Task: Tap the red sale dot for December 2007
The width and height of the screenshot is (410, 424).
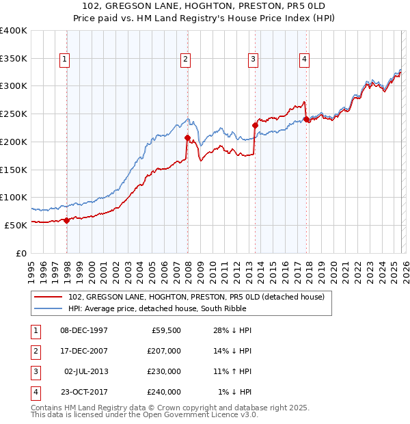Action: [x=187, y=137]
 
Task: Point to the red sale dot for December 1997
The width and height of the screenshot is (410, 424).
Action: [x=66, y=220]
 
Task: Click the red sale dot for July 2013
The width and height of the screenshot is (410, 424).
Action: [x=255, y=125]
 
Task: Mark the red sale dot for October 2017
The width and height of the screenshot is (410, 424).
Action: [x=306, y=119]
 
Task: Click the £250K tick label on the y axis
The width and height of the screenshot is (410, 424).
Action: [x=14, y=114]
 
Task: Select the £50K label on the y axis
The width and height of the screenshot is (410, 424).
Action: [x=16, y=225]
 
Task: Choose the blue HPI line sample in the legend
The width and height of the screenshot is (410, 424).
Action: [x=49, y=309]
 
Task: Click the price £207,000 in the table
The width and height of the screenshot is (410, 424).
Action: [x=164, y=351]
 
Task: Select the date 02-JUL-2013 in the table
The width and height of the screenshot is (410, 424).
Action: [x=85, y=371]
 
